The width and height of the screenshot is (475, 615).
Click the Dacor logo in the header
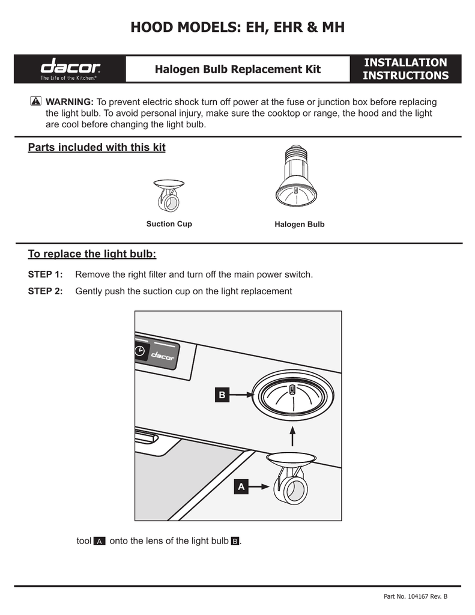pyautogui.click(x=70, y=68)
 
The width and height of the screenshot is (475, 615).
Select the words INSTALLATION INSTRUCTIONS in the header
pyautogui.click(x=406, y=69)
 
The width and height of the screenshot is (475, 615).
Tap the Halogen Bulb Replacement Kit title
pyautogui.click(x=238, y=69)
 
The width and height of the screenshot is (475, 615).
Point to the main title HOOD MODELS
pyautogui.click(x=238, y=28)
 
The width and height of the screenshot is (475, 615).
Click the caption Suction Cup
pyautogui.click(x=169, y=224)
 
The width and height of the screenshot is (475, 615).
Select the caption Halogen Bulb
pyautogui.click(x=299, y=225)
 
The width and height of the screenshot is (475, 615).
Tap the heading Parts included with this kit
pyautogui.click(x=97, y=148)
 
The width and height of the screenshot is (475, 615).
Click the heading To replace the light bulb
pyautogui.click(x=92, y=254)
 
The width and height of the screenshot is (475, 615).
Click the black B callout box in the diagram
pyautogui.click(x=222, y=395)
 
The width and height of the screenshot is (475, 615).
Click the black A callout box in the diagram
pyautogui.click(x=241, y=487)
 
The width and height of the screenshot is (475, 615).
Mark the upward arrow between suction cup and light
pyautogui.click(x=292, y=437)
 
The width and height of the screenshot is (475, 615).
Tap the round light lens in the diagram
pyautogui.click(x=292, y=396)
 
